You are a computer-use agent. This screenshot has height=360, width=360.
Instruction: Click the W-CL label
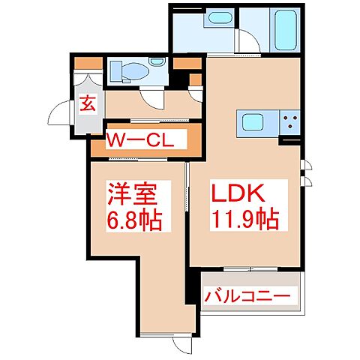click(139, 141)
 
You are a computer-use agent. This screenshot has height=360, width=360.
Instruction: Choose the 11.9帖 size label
click(244, 220)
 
